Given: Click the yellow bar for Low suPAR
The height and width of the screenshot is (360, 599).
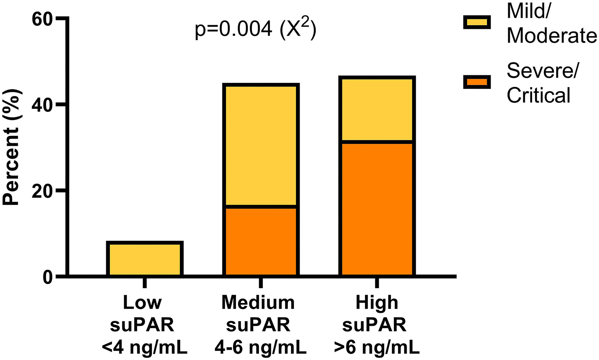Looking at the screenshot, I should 145,259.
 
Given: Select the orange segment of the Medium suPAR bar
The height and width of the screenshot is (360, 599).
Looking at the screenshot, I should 261,241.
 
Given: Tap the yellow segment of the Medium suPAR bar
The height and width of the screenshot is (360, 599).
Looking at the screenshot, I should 261,145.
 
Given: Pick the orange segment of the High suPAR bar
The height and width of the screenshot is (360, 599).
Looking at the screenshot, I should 377,209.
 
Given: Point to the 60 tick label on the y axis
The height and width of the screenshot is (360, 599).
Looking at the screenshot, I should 42,19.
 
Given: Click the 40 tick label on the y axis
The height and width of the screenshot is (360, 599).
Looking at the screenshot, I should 42,105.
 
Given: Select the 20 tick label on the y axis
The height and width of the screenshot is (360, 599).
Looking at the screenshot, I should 42,191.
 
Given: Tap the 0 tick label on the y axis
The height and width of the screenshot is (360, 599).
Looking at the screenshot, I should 48,277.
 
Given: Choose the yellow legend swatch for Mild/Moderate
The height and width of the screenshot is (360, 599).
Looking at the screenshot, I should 477,23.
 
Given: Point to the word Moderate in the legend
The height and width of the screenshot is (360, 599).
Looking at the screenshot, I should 552,35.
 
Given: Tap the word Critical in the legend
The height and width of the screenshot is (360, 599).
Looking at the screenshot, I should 538,95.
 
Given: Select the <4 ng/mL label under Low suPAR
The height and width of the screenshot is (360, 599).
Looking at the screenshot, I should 144,347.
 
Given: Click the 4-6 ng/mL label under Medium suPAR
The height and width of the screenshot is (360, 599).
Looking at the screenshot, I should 260,347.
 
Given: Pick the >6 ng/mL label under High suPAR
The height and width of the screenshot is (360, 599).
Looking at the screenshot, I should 377,347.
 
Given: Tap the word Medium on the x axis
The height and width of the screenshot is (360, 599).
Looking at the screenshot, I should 258,302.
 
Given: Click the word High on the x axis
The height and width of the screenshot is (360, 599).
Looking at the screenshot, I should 377,302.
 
